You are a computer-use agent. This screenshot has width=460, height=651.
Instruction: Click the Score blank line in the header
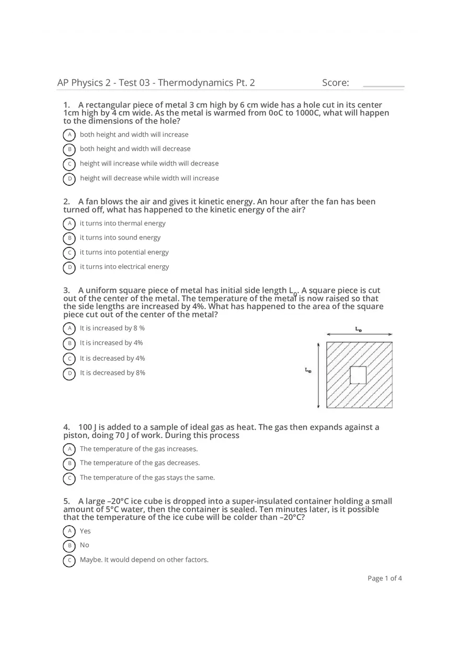(383, 86)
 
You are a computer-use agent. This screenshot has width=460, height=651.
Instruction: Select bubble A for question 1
(69, 135)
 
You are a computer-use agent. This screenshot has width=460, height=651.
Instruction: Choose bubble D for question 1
(69, 179)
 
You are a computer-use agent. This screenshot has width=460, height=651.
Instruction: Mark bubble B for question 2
(69, 238)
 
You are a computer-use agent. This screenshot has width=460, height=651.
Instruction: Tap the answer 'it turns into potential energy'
(124, 252)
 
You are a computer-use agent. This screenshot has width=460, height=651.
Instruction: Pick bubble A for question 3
(69, 328)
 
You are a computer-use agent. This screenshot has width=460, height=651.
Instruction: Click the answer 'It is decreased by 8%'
(112, 373)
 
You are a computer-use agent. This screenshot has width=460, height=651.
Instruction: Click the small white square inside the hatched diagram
(358, 375)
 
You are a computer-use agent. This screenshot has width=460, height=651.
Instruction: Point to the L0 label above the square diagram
(359, 329)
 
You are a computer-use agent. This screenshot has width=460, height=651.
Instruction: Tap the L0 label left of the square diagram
(308, 370)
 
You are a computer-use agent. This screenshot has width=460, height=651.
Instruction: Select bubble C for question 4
(69, 478)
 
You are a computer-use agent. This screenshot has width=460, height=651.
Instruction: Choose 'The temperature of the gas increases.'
(139, 449)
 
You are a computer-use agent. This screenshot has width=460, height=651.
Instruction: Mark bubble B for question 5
(69, 546)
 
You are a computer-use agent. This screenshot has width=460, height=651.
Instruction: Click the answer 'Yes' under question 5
(85, 531)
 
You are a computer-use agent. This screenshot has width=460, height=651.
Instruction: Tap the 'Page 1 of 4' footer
(385, 578)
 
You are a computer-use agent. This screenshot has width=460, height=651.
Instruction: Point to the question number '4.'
(67, 427)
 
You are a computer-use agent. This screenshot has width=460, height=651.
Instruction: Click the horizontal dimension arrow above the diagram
(359, 334)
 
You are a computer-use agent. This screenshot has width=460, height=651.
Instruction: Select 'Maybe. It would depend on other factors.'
(144, 560)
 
